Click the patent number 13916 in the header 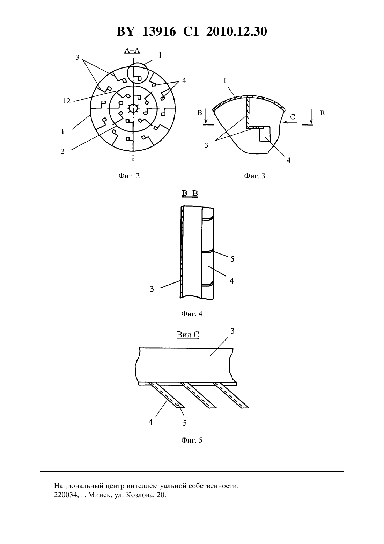(159, 31)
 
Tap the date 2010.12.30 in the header (237, 31)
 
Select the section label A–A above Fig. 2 (132, 50)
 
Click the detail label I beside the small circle (160, 55)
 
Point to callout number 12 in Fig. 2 (67, 101)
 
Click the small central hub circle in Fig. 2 (133, 108)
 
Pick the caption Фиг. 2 (129, 176)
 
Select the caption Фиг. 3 (254, 176)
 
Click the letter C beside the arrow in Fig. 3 (293, 117)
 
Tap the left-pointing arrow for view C (289, 122)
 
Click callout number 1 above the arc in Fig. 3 (225, 81)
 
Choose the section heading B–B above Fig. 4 (190, 194)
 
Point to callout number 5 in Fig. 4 (232, 259)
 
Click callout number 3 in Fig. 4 (152, 289)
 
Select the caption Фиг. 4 (192, 314)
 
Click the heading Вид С (188, 335)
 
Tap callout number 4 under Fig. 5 (150, 422)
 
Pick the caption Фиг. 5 (192, 440)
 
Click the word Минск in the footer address (99, 495)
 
